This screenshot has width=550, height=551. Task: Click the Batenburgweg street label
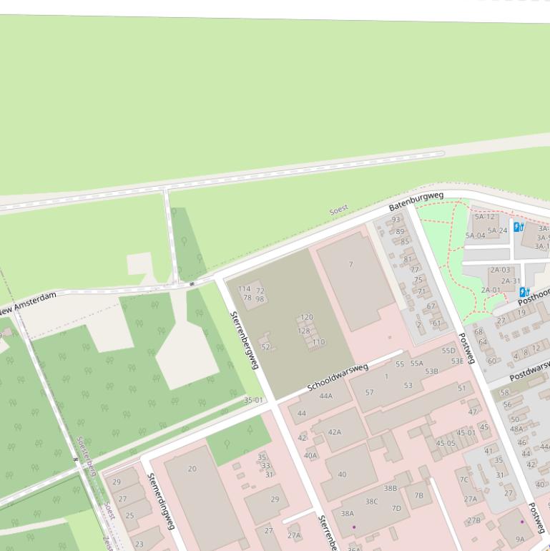pos(416,200)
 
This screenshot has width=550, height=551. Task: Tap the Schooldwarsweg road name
pos(338,377)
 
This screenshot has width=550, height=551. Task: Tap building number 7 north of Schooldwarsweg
pos(350,265)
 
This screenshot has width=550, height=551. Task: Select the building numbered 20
pos(192,469)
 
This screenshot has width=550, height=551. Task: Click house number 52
pos(265,347)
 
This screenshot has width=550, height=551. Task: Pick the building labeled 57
pos(369,392)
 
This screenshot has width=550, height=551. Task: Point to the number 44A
pos(326,396)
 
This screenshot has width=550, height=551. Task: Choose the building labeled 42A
pos(335,432)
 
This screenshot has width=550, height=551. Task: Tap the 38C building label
pos(371,502)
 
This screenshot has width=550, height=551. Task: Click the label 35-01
pos(253,400)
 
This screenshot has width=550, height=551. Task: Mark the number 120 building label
pos(306,317)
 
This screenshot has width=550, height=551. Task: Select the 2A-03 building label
pos(500,270)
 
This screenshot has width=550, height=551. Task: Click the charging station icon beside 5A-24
pos(519,228)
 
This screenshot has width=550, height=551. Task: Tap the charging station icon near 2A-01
pos(524,292)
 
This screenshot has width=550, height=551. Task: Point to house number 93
pos(396,220)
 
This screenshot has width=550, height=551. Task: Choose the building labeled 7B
pos(419,494)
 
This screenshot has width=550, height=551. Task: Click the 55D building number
pos(448,351)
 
